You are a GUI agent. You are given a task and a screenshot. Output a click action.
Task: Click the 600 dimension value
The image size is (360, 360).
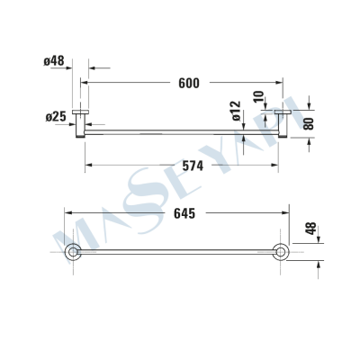click(x=188, y=83)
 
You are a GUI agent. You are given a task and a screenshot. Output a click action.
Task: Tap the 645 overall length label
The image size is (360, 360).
click(x=182, y=214)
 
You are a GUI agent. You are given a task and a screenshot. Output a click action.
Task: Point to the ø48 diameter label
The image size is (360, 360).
click(x=54, y=61)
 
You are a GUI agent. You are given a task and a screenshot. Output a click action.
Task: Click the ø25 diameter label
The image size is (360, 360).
click(x=54, y=117)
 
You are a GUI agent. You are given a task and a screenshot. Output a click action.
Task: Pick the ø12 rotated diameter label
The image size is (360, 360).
click(x=237, y=112)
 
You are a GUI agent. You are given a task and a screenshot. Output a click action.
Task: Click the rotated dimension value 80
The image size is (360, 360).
click(x=309, y=123)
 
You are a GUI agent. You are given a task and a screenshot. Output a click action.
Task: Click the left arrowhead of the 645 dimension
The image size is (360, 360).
click(x=67, y=214)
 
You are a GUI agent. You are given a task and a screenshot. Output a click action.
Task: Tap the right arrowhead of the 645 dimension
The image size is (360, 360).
click(x=286, y=214)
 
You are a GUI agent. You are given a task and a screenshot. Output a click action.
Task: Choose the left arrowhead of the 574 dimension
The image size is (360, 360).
click(x=88, y=166)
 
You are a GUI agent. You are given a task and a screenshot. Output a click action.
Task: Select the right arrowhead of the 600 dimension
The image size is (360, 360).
click(x=286, y=83)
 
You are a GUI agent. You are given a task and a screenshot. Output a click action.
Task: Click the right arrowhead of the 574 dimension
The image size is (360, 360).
click(x=282, y=166)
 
